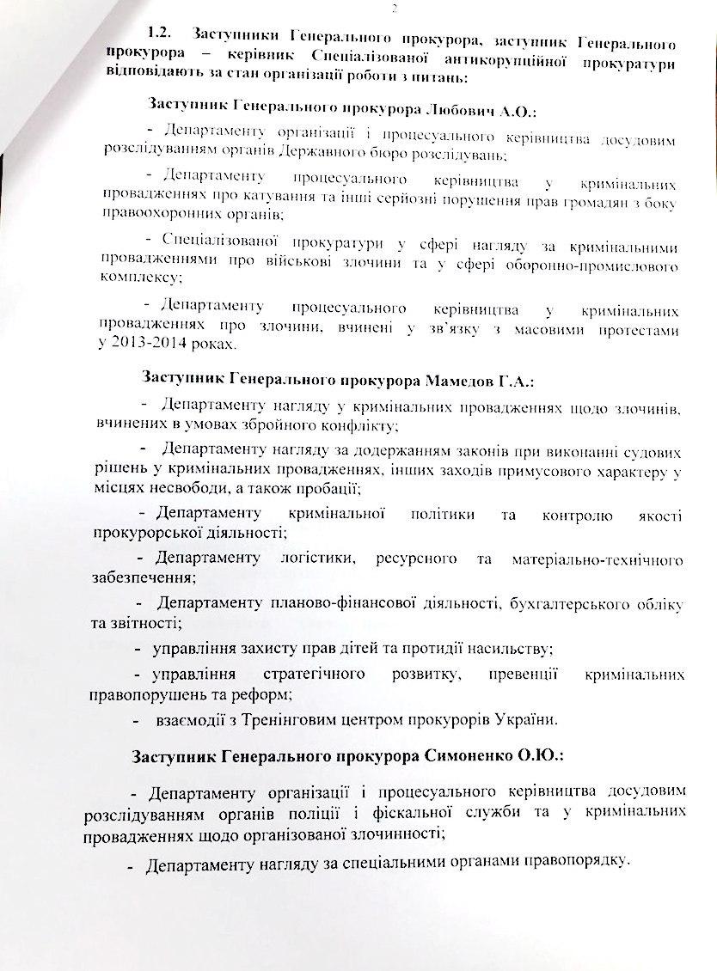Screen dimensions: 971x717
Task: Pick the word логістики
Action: pos(316,559)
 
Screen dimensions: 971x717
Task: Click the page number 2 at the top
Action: pos(370,9)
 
